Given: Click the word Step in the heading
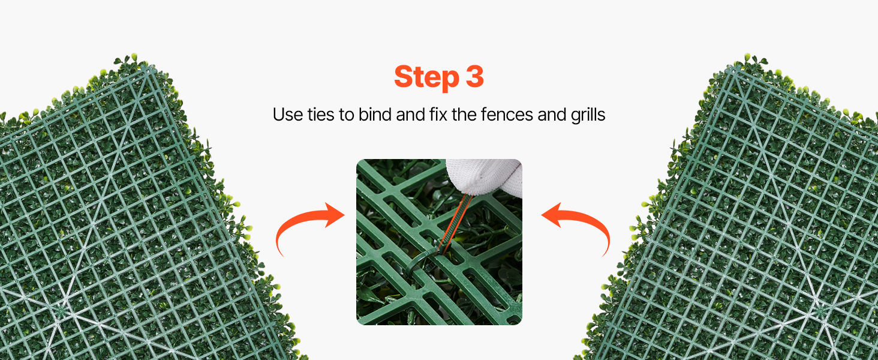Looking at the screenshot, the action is pyautogui.click(x=426, y=77).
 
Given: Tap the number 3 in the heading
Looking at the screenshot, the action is pyautogui.click(x=474, y=76).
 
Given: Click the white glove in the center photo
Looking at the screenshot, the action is pyautogui.click(x=486, y=176).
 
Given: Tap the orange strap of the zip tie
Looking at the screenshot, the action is pyautogui.click(x=455, y=224).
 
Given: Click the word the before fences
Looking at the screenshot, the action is pyautogui.click(x=464, y=114).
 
